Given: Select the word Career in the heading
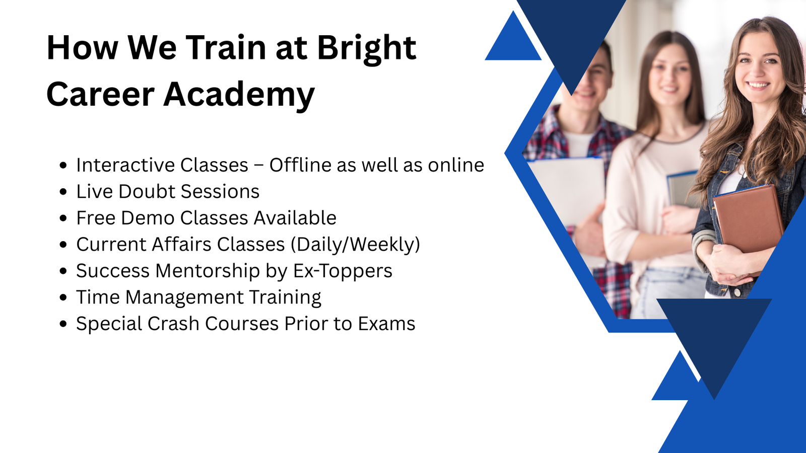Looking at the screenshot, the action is tap(100, 95).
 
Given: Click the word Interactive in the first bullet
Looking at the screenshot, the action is tap(125, 165).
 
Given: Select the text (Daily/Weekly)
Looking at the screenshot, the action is tap(355, 245).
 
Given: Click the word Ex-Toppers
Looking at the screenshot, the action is tap(343, 271).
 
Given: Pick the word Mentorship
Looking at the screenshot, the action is tap(208, 271).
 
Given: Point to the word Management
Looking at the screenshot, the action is tap(184, 297).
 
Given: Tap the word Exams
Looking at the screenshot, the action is tap(386, 324).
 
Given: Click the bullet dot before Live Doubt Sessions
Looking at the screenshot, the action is tap(63, 192).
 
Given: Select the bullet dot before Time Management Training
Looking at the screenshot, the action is tap(63, 297).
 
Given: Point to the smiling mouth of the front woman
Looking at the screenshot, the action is tap(757, 86).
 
